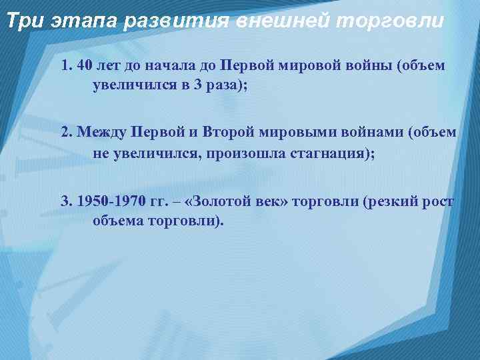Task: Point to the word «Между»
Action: (x=100, y=133)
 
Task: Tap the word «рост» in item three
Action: (x=439, y=201)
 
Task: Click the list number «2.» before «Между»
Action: (x=66, y=133)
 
